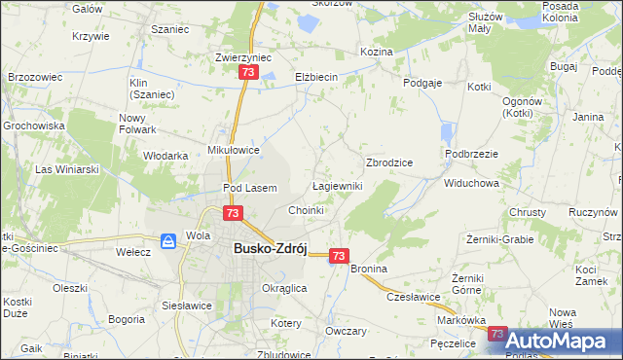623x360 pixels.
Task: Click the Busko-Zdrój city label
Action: click(270, 248)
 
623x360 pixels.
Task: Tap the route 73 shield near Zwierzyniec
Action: click(249, 73)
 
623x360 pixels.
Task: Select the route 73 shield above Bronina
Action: click(338, 255)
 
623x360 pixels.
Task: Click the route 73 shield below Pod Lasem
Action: click(232, 213)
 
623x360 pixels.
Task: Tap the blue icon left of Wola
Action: click(167, 239)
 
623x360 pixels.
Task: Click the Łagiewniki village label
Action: click(337, 186)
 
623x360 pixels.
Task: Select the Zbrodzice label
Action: click(389, 162)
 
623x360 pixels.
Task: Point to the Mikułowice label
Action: click(234, 150)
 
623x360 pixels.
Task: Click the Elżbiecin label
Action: click(315, 77)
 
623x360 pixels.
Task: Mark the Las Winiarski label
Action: click(68, 169)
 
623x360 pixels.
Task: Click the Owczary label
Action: click(347, 331)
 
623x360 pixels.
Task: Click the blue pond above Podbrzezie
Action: click(447, 133)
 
